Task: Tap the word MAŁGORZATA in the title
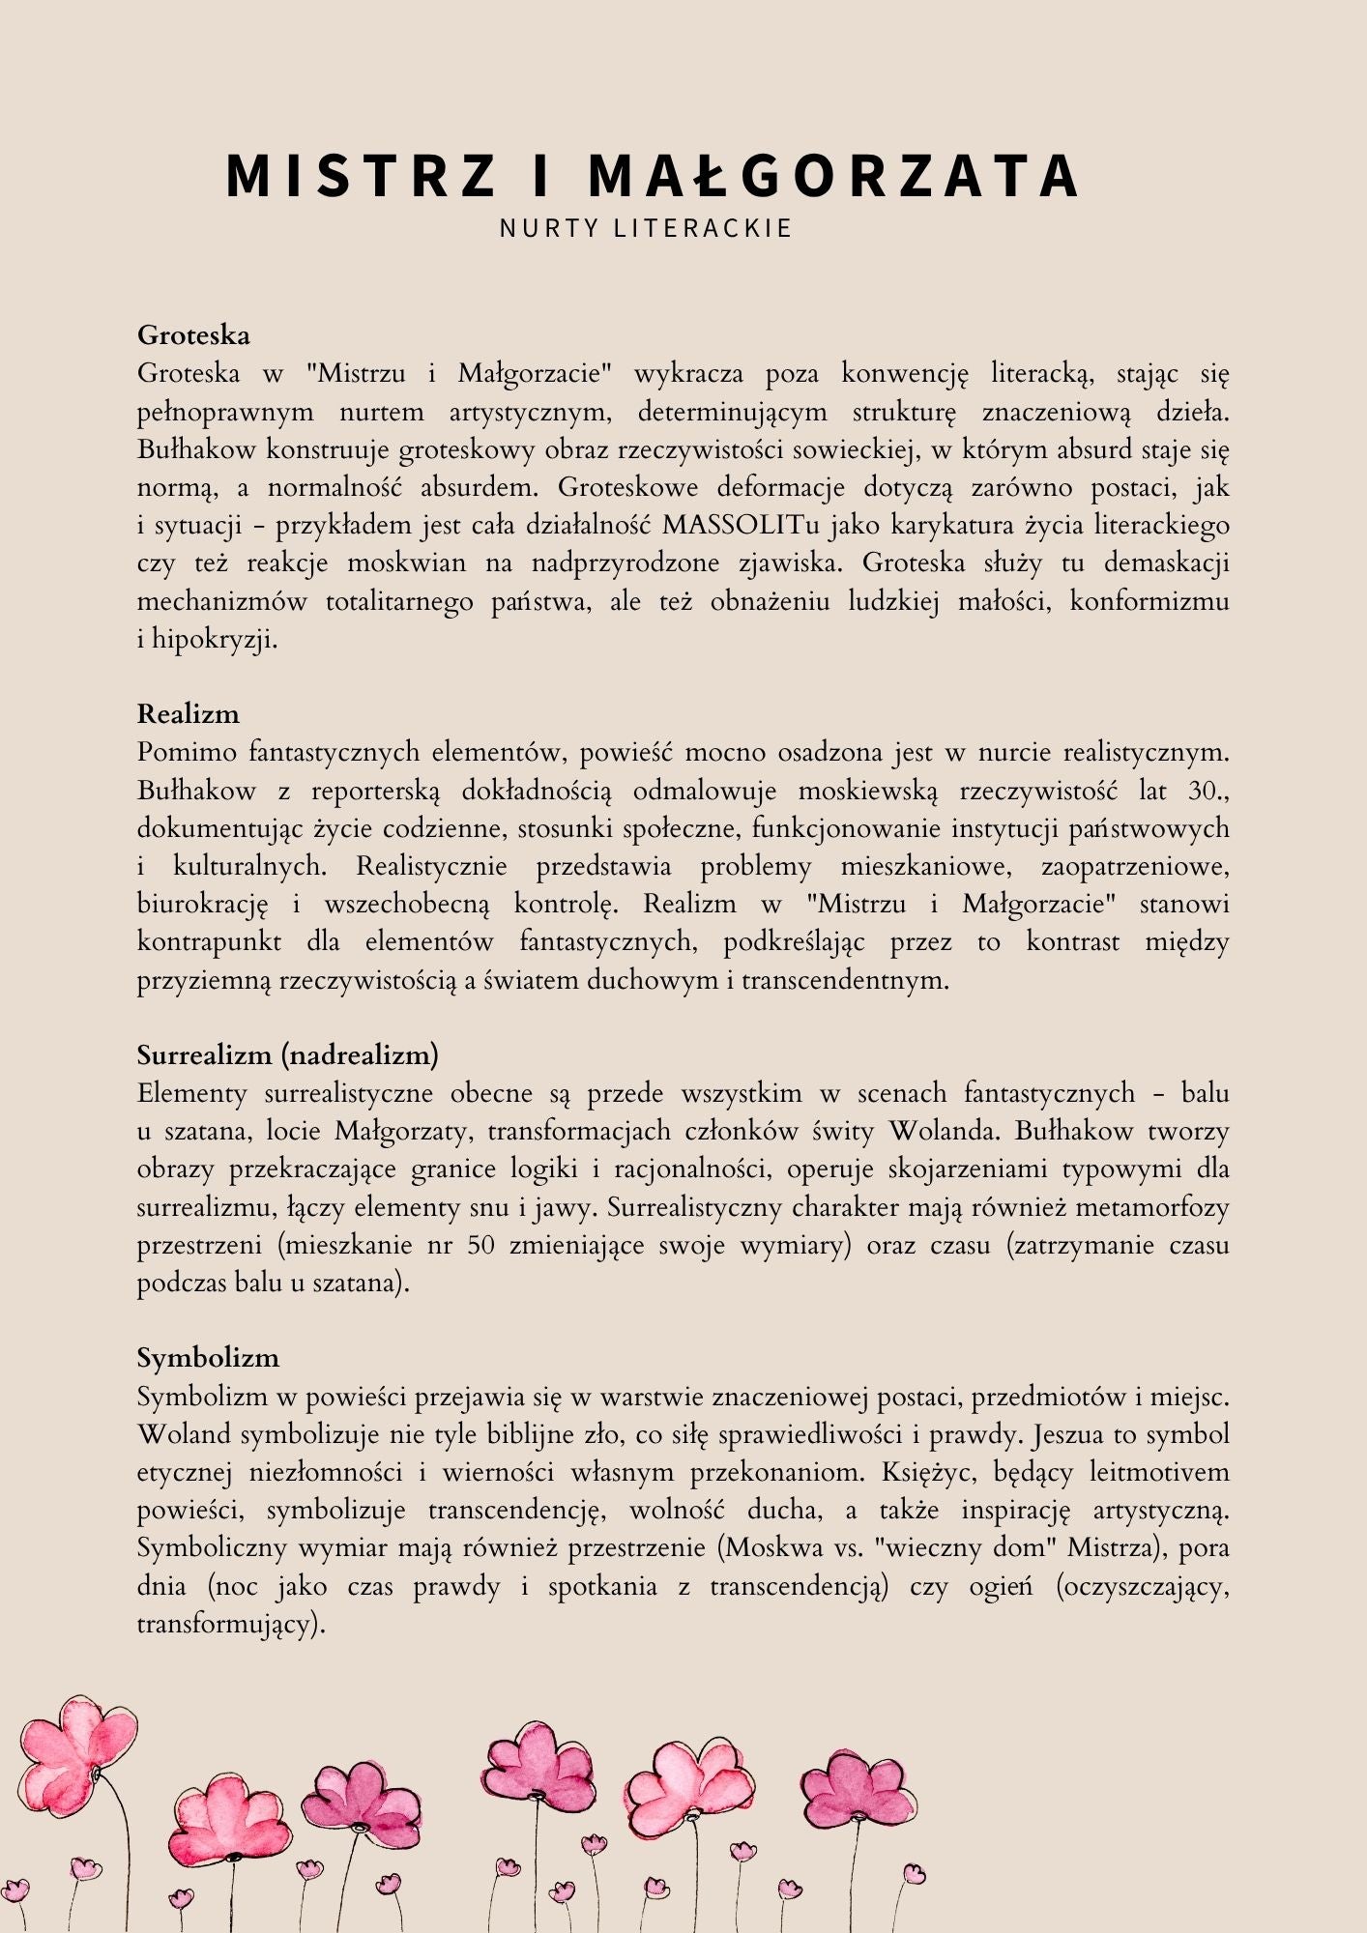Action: tap(833, 176)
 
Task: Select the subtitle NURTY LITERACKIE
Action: tap(646, 228)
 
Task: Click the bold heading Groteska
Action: tap(193, 335)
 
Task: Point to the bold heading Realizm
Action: tap(188, 714)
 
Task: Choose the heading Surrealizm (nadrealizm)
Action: tap(287, 1054)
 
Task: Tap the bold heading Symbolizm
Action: tap(208, 1358)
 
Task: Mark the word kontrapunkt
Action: tap(209, 942)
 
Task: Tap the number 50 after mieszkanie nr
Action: tap(481, 1245)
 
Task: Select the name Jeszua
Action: tap(1068, 1435)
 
